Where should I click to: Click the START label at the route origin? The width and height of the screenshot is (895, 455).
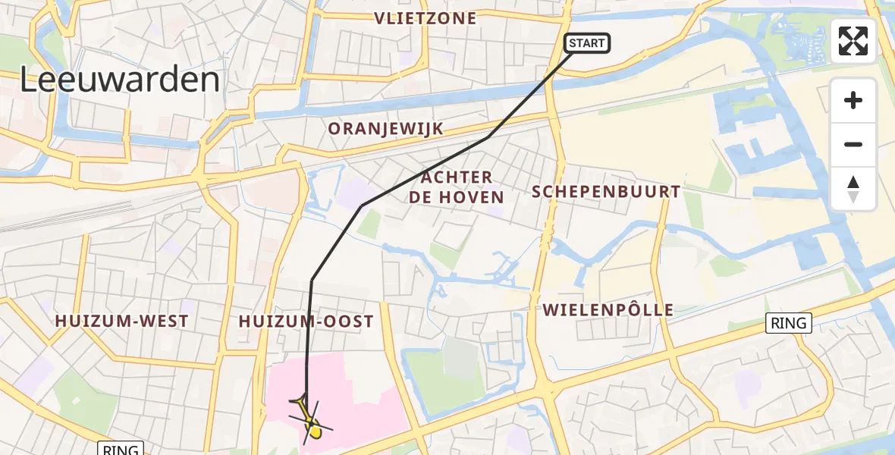pyautogui.click(x=586, y=43)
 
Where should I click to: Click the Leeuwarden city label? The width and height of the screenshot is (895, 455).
pyautogui.click(x=119, y=80)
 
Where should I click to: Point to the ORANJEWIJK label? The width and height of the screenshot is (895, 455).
pyautogui.click(x=385, y=129)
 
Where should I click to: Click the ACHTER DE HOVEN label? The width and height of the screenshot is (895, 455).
pyautogui.click(x=456, y=187)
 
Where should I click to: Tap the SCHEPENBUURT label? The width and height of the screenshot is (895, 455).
pyautogui.click(x=606, y=191)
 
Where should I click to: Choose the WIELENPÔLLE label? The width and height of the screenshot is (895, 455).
pyautogui.click(x=608, y=309)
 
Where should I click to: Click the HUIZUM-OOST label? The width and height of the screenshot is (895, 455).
pyautogui.click(x=306, y=322)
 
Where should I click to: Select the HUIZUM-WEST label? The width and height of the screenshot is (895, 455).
pyautogui.click(x=121, y=322)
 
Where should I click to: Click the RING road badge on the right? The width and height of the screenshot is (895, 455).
pyautogui.click(x=789, y=323)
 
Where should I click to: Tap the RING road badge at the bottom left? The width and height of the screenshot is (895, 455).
pyautogui.click(x=121, y=448)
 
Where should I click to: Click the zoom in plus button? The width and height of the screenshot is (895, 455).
pyautogui.click(x=853, y=100)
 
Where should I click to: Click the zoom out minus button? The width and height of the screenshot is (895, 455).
pyautogui.click(x=853, y=144)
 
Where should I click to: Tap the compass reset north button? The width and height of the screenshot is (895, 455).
pyautogui.click(x=853, y=189)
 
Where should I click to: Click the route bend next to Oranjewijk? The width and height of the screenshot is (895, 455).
pyautogui.click(x=487, y=138)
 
